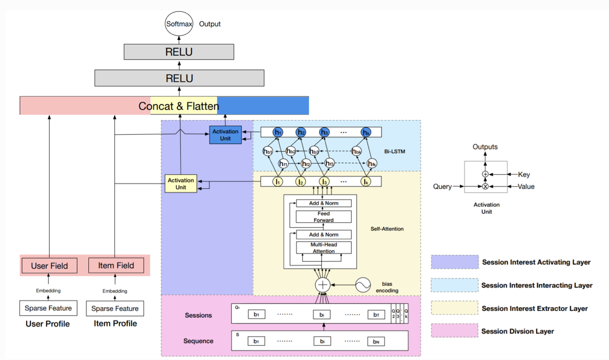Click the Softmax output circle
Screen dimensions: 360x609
(179, 24)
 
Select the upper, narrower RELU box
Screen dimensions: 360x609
(179, 52)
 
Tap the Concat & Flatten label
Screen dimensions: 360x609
(179, 106)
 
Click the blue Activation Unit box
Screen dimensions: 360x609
(225, 135)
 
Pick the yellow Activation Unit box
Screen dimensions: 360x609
(181, 184)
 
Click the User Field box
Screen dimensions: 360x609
(49, 265)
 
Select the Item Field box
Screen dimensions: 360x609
(116, 265)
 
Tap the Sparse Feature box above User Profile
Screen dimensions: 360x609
(48, 308)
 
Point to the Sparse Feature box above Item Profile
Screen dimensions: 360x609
(115, 309)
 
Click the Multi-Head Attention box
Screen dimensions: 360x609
(324, 247)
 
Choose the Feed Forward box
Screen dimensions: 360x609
(323, 217)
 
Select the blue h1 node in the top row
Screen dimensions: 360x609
(278, 132)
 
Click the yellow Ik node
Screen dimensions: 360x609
(366, 181)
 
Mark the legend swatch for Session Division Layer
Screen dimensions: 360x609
(455, 331)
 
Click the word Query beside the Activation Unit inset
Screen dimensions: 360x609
(442, 187)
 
